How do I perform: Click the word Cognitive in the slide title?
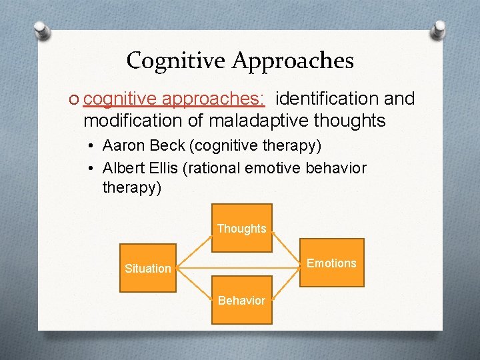coord(177,61)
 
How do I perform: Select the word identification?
coord(328,99)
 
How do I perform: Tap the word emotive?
coord(273,168)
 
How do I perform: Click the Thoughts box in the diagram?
coord(241,229)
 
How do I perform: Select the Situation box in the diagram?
coord(148,269)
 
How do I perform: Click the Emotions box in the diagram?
coord(331,263)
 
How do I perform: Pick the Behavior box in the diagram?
coord(241,300)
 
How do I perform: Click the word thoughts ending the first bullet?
coord(353,121)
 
